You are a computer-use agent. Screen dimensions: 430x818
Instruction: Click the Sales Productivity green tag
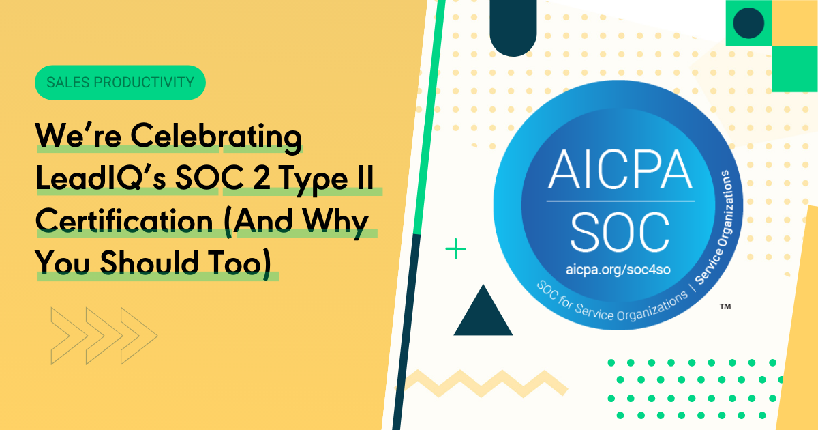pyautogui.click(x=120, y=83)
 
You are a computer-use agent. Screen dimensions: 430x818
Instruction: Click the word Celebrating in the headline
pyautogui.click(x=216, y=139)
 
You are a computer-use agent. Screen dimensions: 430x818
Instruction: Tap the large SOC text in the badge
pyautogui.click(x=619, y=230)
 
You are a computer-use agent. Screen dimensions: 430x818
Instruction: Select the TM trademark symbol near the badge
pyautogui.click(x=725, y=308)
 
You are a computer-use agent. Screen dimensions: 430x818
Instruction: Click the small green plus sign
pyautogui.click(x=455, y=249)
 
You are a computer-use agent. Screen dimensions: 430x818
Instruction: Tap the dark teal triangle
pyautogui.click(x=482, y=313)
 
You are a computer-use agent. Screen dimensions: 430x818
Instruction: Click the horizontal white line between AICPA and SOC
pyautogui.click(x=619, y=201)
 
